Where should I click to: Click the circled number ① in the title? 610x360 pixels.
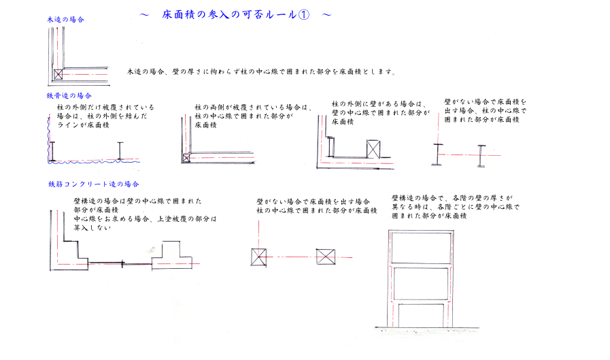[304, 15]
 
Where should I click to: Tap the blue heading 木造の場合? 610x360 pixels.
[65, 20]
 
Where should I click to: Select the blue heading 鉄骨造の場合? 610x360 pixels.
[69, 96]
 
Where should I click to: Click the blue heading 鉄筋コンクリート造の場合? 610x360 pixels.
[93, 184]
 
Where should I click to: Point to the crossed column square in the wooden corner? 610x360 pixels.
[58, 74]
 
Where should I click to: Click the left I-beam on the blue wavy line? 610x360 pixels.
[52, 151]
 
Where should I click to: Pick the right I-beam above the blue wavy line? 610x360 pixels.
[120, 150]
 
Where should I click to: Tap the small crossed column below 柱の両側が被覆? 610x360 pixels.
[186, 158]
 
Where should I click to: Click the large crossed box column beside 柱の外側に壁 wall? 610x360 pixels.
[373, 149]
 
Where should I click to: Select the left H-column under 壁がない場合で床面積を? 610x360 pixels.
[438, 154]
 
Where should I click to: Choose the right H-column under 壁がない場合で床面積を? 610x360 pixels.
[481, 156]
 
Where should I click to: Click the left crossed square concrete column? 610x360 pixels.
[258, 257]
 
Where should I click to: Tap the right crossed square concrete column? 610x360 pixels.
[326, 257]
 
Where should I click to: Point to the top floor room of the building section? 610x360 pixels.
[421, 248]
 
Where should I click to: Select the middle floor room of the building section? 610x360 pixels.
[422, 283]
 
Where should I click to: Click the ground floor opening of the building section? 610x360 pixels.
[422, 315]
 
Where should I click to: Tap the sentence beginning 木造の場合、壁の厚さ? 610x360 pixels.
[261, 71]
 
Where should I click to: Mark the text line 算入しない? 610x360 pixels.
[92, 228]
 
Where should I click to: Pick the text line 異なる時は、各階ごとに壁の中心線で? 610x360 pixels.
[456, 207]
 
